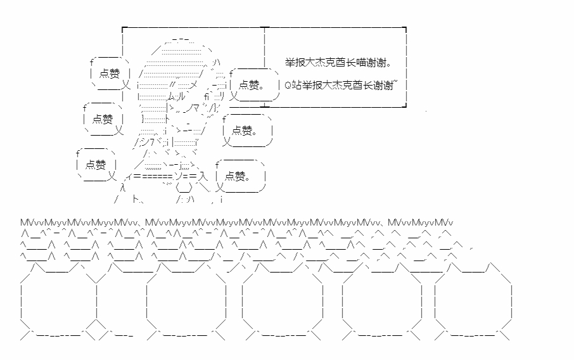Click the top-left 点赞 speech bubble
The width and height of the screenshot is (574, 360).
pyautogui.click(x=110, y=74)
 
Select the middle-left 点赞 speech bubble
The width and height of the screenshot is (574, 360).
pyautogui.click(x=103, y=119)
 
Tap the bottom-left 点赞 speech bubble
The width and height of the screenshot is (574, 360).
pyautogui.click(x=96, y=165)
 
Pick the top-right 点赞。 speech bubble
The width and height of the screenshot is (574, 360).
pyautogui.click(x=253, y=84)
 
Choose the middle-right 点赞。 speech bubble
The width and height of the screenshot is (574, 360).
pyautogui.click(x=246, y=131)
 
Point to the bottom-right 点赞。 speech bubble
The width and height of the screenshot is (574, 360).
pyautogui.click(x=239, y=176)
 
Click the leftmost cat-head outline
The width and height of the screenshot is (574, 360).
pyautogui.click(x=58, y=301)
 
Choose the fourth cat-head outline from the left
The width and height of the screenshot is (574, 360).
pyautogui.click(x=381, y=301)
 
